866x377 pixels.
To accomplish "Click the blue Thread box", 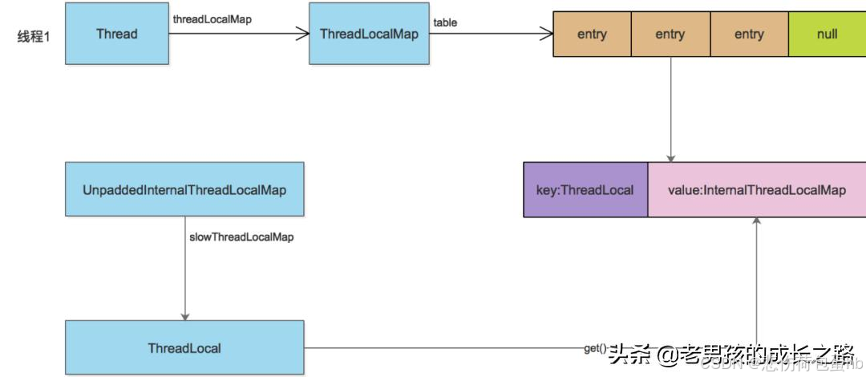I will (117, 34).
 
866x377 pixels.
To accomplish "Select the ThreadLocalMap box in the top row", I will (369, 34).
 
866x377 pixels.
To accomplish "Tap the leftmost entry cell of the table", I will (592, 34).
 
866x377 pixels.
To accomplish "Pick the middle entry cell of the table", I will (670, 34).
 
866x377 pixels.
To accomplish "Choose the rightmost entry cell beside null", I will (749, 34).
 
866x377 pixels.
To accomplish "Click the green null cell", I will (827, 34).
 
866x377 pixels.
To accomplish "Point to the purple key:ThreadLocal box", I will (585, 190).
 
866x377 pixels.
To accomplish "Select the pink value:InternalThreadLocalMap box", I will (756, 190).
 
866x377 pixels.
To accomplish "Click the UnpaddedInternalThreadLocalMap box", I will (184, 189).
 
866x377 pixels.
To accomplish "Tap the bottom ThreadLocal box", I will (184, 348).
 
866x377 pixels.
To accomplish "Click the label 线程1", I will (34, 36).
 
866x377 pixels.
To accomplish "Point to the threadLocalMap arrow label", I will (212, 19).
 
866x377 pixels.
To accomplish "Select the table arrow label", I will (445, 22).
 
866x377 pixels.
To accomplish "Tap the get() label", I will (594, 348).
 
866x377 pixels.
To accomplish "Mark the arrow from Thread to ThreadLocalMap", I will (239, 34).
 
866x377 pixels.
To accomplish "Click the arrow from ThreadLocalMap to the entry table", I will (491, 34).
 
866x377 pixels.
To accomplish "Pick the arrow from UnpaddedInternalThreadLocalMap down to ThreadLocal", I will (184, 269).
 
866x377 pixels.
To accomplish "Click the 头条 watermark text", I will (630, 354).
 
